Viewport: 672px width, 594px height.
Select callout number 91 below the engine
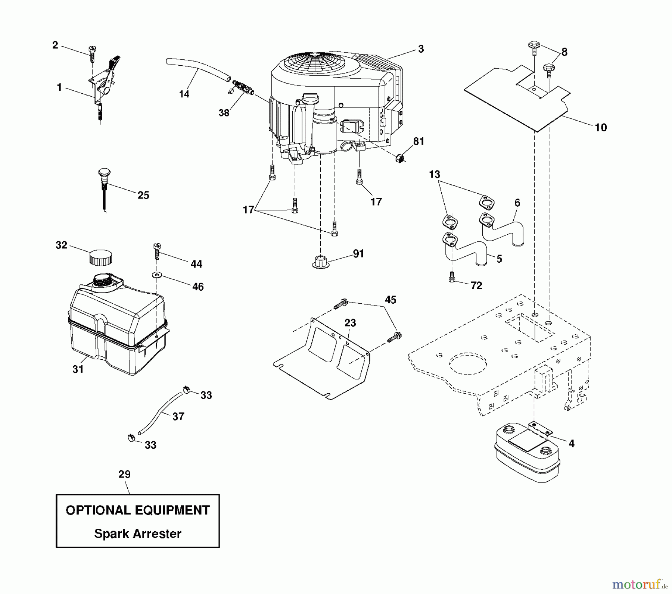point(358,254)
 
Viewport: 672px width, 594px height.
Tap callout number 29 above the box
point(124,474)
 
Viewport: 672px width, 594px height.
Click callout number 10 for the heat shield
point(600,128)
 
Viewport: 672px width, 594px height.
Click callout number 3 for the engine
point(421,49)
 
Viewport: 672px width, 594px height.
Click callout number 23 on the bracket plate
point(350,323)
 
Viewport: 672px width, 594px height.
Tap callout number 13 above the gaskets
point(435,175)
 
